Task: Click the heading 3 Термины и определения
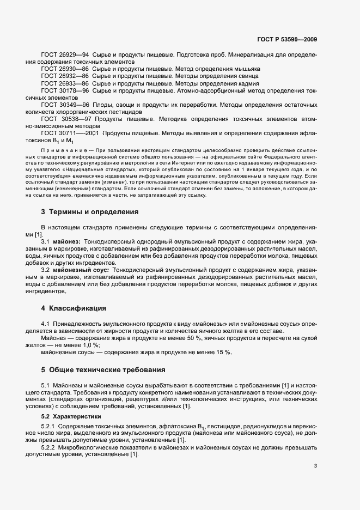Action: coord(90,211)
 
